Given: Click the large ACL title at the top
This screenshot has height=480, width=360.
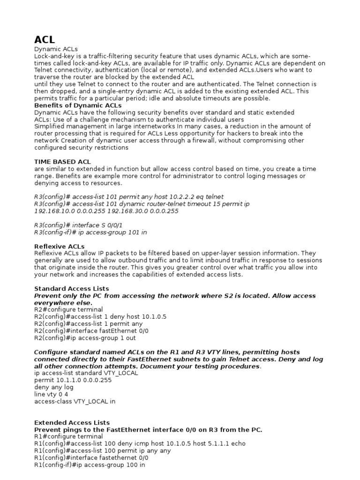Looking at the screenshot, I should tap(45, 39).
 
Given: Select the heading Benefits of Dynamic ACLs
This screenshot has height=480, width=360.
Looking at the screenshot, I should tap(78, 105).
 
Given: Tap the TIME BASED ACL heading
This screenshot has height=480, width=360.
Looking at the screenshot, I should tap(63, 162).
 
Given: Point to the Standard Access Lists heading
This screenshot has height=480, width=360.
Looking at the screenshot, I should tap(72, 288).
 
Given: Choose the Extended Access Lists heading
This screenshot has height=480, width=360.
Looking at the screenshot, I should tap(72, 422).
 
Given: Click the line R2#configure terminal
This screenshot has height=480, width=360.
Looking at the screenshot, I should tap(68, 309).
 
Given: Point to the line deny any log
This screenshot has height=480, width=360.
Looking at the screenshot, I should tap(54, 387).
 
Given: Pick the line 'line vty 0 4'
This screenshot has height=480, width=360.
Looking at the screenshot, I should tap(51, 394).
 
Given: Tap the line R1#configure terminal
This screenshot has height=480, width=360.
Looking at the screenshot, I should tap(68, 436).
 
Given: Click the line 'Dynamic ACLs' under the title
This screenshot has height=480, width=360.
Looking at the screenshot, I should tap(56, 49).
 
